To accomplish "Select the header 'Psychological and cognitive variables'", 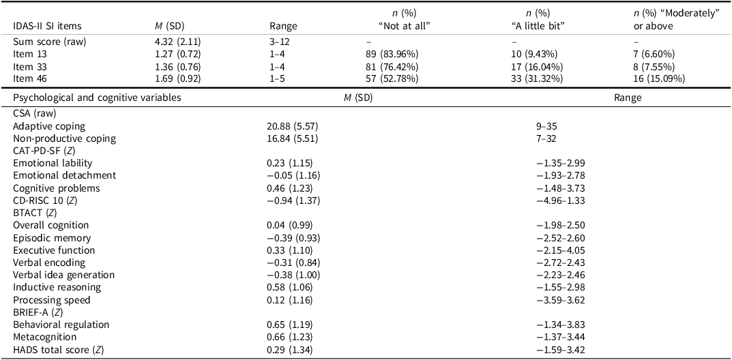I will click(97, 97).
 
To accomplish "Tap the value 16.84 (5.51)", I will click(293, 138).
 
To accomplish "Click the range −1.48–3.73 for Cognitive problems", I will click(561, 187).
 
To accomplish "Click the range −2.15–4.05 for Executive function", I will click(561, 250).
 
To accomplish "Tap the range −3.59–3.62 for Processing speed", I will click(561, 299).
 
